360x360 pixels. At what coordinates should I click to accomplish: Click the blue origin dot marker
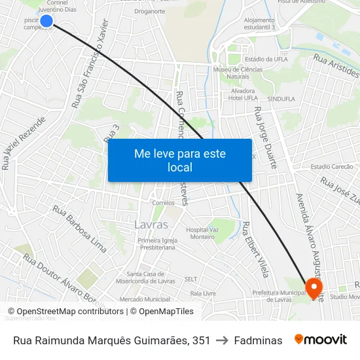(46, 22)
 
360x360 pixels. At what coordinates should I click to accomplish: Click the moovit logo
(321, 340)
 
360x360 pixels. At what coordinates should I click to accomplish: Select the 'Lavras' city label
(151, 225)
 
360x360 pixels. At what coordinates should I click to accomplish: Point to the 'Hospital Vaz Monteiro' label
(200, 233)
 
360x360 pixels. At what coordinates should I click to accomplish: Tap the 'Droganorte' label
(149, 11)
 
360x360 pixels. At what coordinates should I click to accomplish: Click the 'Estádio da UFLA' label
(259, 59)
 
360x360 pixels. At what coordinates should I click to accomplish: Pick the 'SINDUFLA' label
(282, 99)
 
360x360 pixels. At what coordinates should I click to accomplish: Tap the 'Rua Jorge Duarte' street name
(266, 137)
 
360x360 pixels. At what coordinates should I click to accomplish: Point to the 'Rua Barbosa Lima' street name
(79, 230)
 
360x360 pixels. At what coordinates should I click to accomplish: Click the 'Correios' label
(163, 203)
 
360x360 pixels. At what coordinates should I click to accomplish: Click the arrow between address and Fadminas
(223, 340)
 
